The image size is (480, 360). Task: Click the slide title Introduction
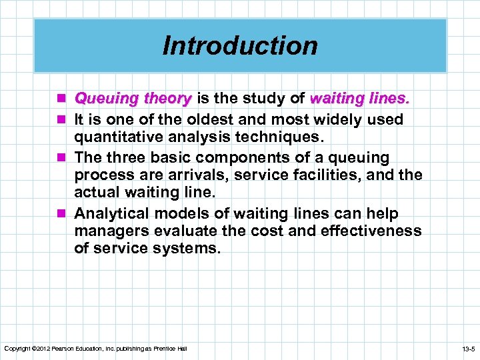pos(240,45)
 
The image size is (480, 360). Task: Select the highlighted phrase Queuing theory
pos(133,99)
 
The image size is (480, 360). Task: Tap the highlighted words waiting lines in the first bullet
pos(360,99)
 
